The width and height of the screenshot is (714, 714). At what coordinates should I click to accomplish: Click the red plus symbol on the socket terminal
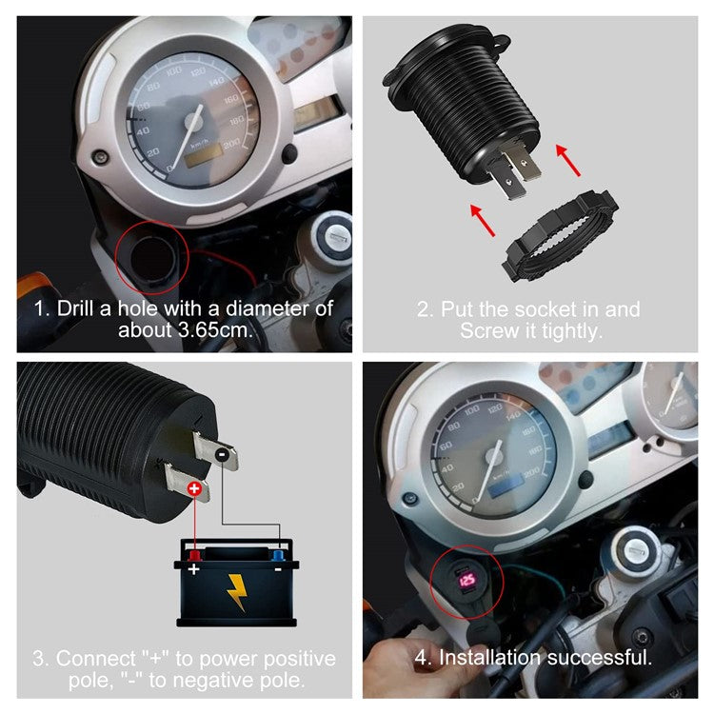coord(194,489)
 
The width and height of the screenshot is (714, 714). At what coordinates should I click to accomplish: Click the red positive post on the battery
coord(194,555)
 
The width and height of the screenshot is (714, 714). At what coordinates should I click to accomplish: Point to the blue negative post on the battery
coord(278,555)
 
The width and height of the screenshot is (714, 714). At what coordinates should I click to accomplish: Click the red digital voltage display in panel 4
coord(466,579)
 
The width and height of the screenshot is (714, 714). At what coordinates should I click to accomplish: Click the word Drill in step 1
coord(77,309)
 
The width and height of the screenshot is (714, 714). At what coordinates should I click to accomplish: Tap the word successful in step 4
coord(606,657)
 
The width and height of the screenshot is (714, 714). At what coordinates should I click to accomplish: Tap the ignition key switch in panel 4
coord(634,549)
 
